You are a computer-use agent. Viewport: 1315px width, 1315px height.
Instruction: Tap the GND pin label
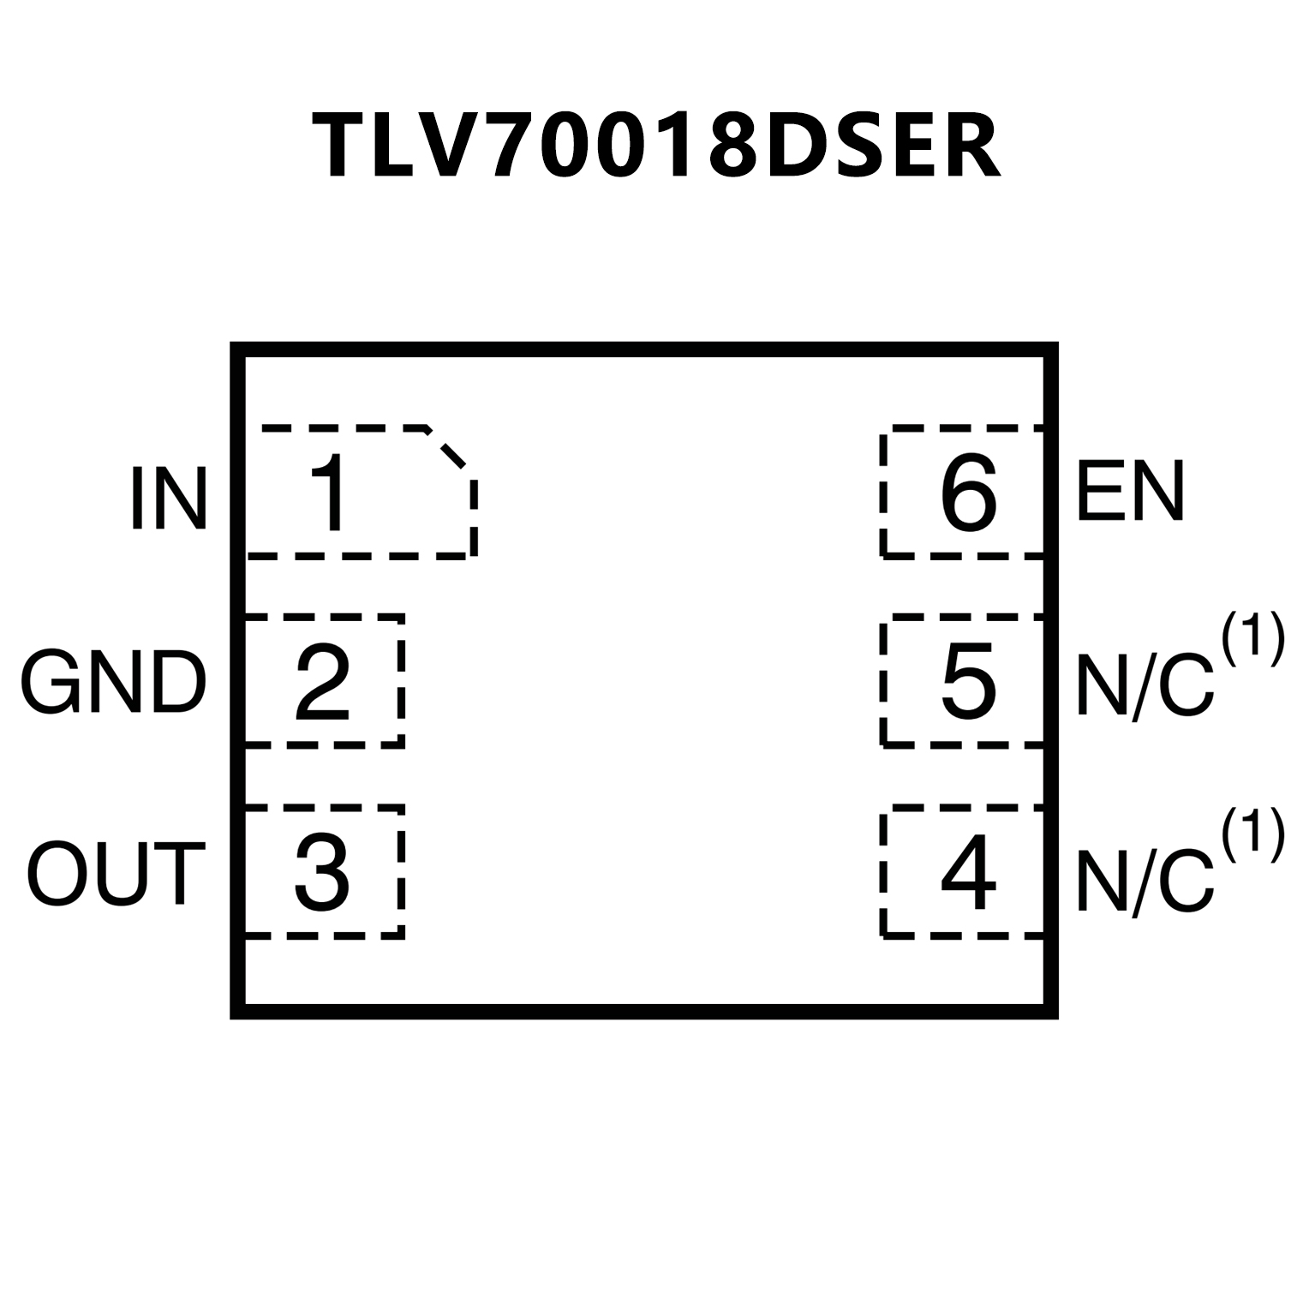[113, 683]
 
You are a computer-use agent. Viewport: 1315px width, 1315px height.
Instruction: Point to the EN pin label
[1130, 492]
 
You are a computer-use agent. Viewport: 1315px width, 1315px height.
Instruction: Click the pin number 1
[331, 494]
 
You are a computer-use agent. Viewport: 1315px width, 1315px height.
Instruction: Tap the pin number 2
[322, 683]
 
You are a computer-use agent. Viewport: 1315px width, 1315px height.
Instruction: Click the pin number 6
[968, 493]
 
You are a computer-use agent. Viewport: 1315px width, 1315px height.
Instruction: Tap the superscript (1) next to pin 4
[1252, 834]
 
